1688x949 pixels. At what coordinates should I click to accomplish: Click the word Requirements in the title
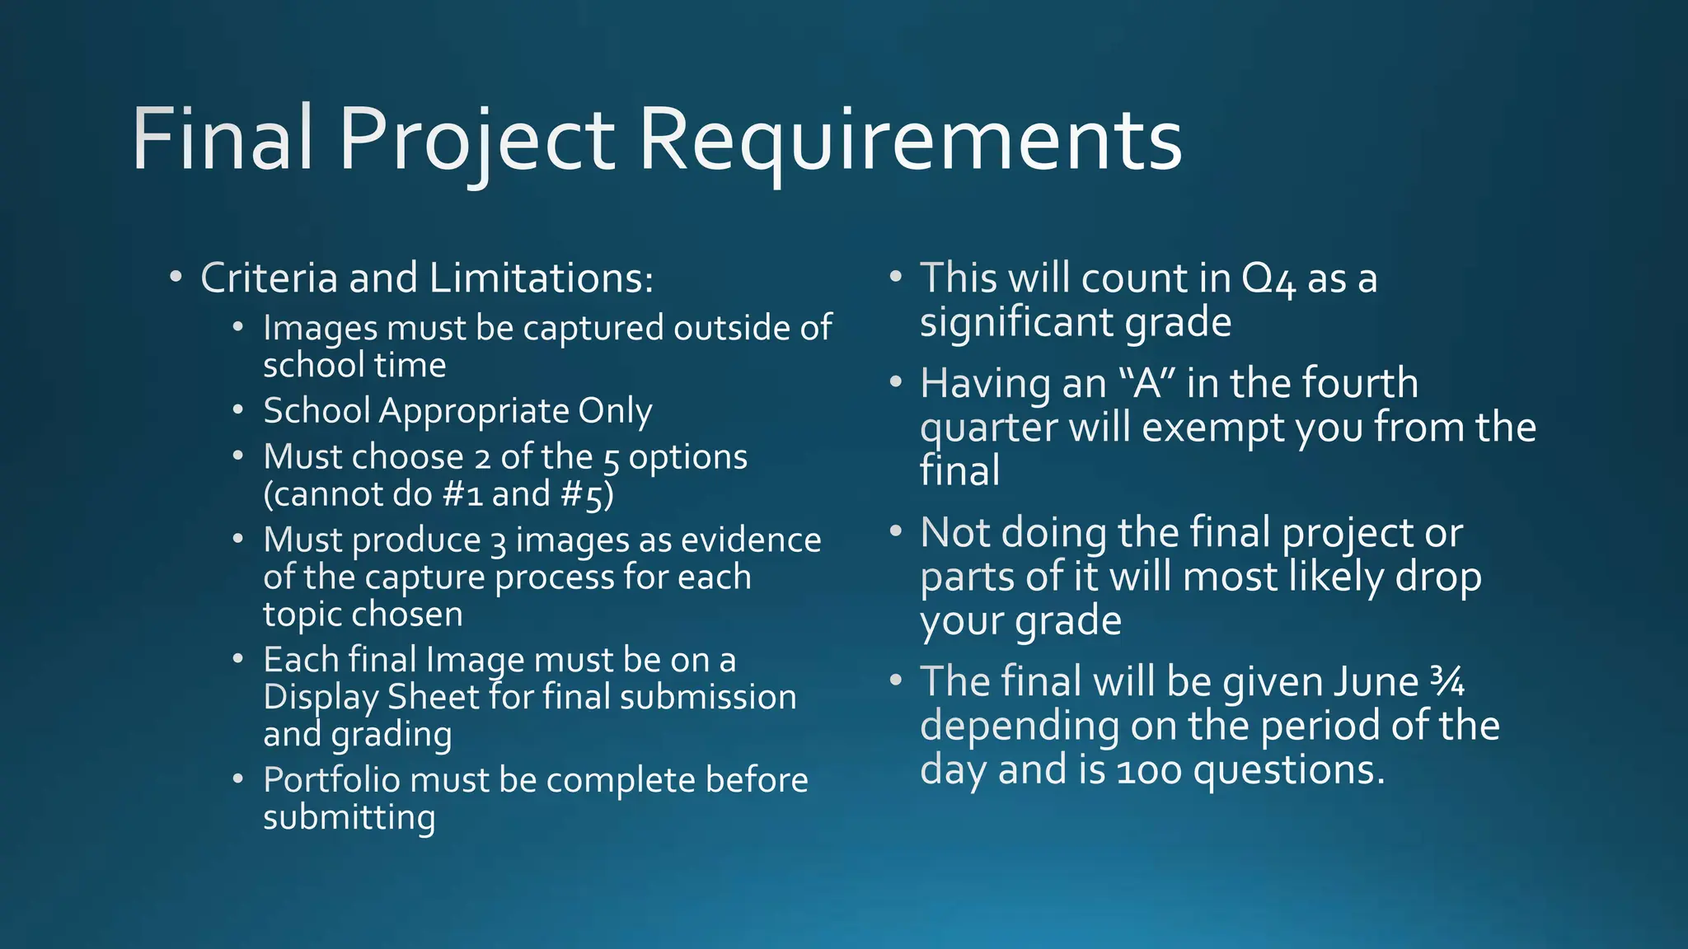coord(910,140)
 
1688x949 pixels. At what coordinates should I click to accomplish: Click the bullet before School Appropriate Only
coord(238,409)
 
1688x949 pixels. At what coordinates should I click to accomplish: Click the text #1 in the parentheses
coord(462,494)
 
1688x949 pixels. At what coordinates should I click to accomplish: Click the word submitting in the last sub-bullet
coord(349,818)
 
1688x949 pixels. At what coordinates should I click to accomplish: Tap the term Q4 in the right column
coord(1268,279)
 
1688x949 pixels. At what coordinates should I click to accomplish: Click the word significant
coord(1017,322)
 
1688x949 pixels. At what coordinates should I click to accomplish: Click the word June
coord(1376,682)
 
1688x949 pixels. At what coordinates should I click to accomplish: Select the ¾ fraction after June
coord(1447,682)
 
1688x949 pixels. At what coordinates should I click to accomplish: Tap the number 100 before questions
coord(1150,771)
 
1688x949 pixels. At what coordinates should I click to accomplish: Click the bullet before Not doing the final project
coord(896,532)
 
